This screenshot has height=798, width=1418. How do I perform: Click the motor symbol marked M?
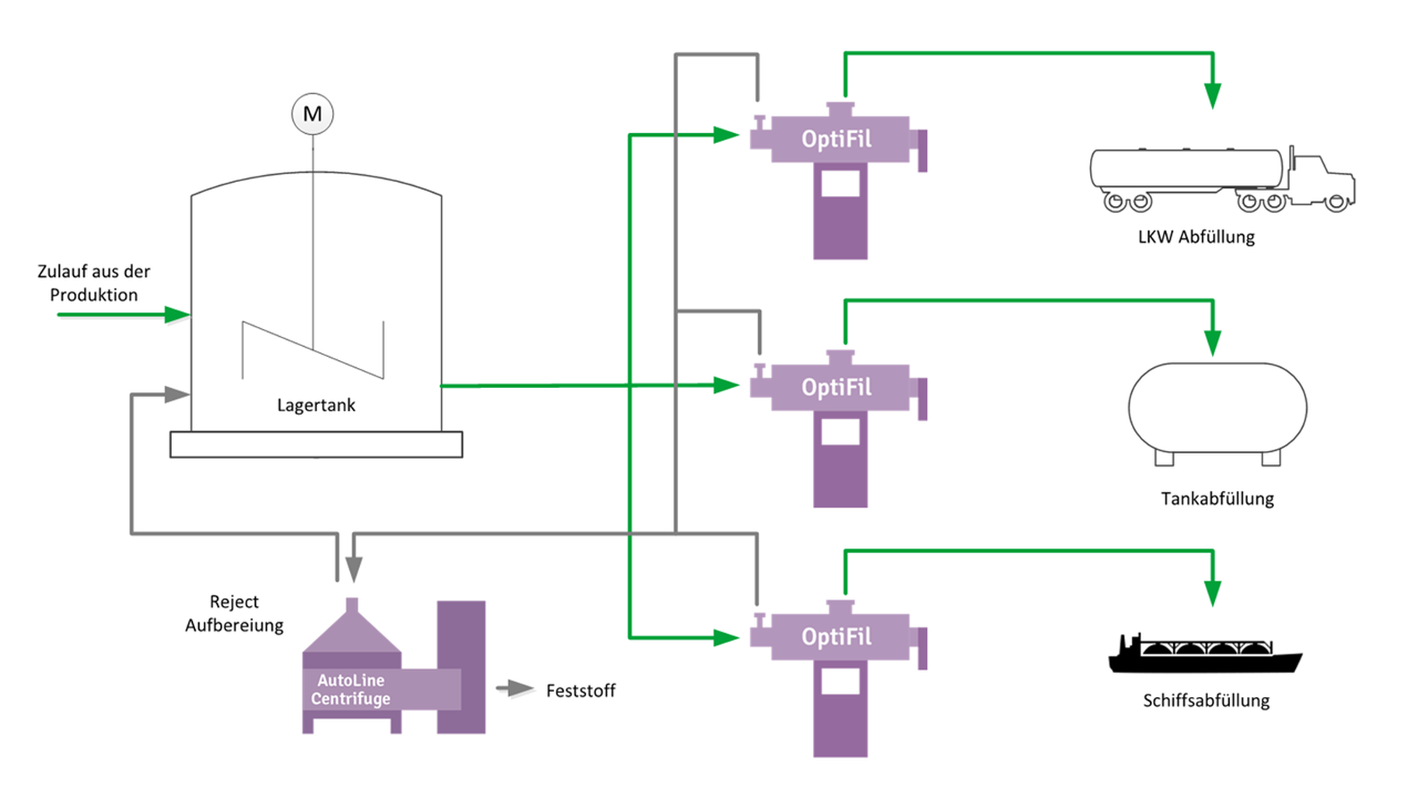313,114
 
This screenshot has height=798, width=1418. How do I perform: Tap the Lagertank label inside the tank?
316,405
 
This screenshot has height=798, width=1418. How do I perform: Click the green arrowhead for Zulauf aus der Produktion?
178,315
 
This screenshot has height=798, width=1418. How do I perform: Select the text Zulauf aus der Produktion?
93,283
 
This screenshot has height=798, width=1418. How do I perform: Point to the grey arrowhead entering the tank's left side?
177,394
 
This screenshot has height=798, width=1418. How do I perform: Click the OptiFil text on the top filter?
836,139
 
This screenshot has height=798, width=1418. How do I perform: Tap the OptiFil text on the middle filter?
836,387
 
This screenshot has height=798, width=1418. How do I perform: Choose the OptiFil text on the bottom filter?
836,637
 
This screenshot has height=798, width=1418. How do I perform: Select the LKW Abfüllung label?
1196,237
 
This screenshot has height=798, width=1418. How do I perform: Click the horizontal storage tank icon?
1217,410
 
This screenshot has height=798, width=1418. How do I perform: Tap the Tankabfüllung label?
1217,499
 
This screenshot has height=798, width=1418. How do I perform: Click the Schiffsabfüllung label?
1206,701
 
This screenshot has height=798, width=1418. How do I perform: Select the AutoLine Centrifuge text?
351,689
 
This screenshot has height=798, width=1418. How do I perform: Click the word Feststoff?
580,691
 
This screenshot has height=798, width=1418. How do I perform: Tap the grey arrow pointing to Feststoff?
515,688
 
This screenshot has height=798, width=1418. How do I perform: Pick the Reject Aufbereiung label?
234,613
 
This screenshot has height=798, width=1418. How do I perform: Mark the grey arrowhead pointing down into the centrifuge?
354,570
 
